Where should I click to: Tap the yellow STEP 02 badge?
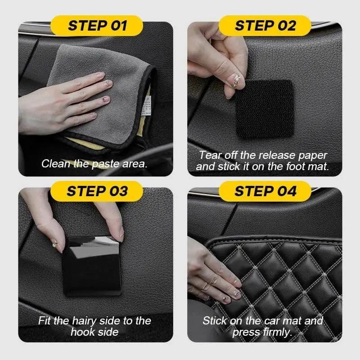(x=265, y=25)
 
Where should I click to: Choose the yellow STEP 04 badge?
(x=265, y=191)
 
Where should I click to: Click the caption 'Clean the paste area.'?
(x=94, y=164)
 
